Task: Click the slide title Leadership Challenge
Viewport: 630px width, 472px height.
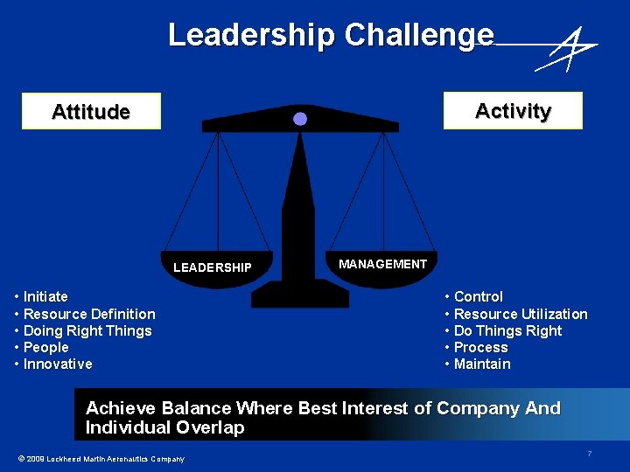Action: pyautogui.click(x=331, y=35)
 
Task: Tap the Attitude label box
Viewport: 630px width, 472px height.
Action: pyautogui.click(x=91, y=111)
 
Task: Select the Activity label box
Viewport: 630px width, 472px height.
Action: pyautogui.click(x=513, y=110)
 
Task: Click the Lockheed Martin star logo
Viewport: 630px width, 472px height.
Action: pyautogui.click(x=567, y=49)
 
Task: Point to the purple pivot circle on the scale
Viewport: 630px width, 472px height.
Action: pyautogui.click(x=300, y=119)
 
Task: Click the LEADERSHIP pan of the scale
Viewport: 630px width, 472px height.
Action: pyautogui.click(x=213, y=269)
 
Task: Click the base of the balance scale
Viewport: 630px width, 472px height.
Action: pyautogui.click(x=299, y=295)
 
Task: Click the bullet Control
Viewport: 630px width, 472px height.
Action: pyautogui.click(x=478, y=297)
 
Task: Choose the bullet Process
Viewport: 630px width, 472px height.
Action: pyautogui.click(x=480, y=347)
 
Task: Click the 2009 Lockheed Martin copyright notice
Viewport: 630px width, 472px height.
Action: pyautogui.click(x=101, y=459)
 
